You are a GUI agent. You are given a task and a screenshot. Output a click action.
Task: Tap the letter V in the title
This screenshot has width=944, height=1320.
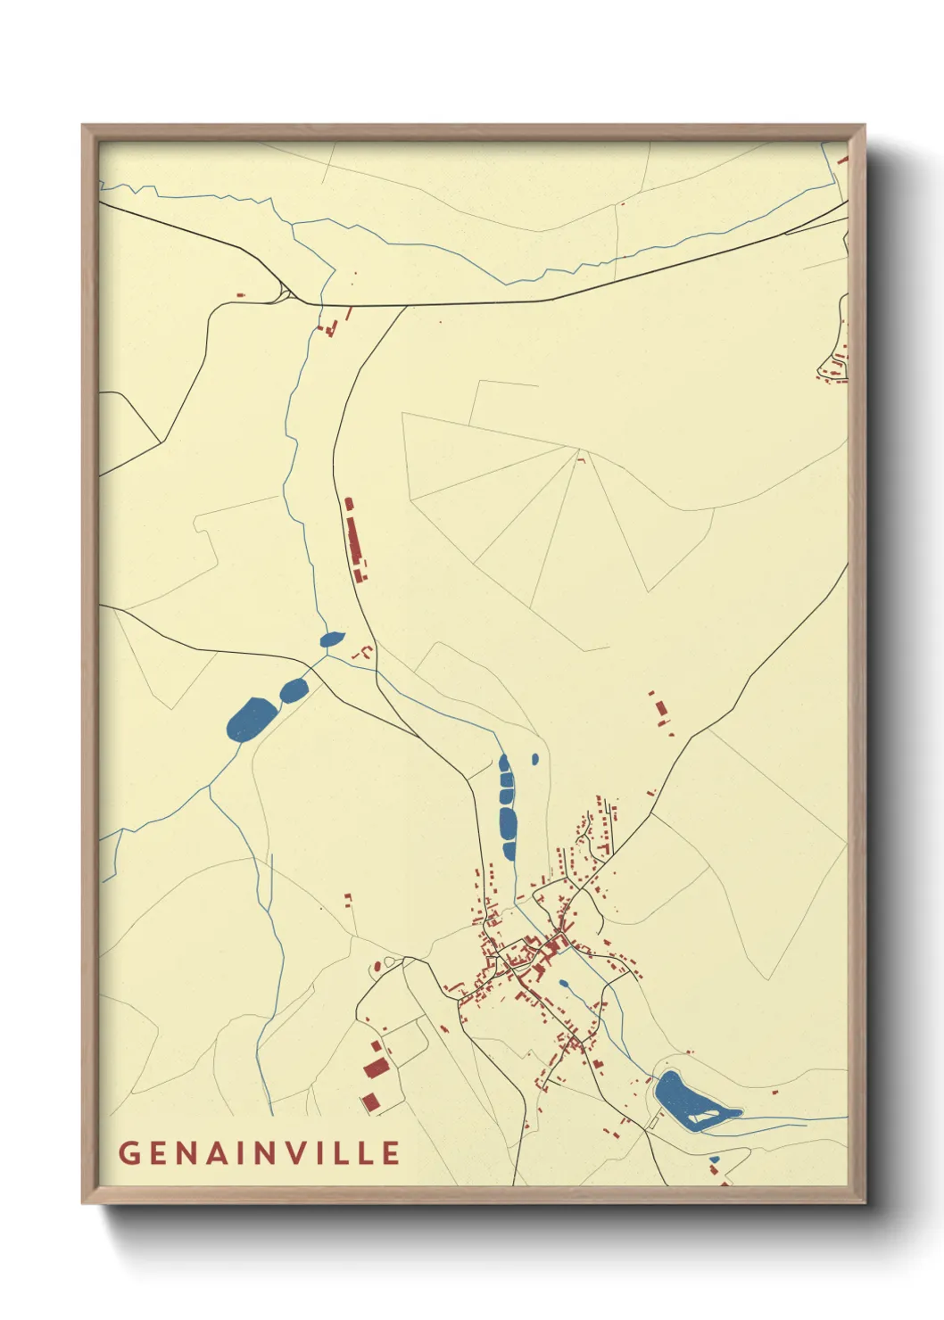coord(299,1152)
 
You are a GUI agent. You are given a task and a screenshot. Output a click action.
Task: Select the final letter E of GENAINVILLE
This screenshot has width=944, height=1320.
coord(390,1152)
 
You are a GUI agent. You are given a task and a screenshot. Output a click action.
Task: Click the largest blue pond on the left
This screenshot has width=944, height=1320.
coord(253,720)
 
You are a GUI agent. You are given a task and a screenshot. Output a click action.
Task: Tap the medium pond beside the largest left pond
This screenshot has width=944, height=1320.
coord(294,689)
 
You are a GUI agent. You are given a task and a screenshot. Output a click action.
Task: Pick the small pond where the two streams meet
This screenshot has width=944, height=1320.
coord(332,639)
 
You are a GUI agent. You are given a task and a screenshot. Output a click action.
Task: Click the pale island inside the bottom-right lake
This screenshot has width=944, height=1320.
coord(707,1115)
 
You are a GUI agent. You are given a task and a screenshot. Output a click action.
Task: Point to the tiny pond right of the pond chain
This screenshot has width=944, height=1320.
coord(534,759)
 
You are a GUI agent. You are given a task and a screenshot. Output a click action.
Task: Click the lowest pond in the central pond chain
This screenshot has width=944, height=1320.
coord(509,851)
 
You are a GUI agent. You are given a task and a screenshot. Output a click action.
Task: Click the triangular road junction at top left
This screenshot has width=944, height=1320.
coord(285,293)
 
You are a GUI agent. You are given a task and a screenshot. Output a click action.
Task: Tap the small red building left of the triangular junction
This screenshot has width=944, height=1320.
coord(240,293)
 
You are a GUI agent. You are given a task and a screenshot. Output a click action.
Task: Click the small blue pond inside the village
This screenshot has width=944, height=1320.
coord(563,985)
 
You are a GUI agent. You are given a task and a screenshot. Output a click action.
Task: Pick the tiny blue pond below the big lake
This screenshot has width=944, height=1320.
coord(714,1159)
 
